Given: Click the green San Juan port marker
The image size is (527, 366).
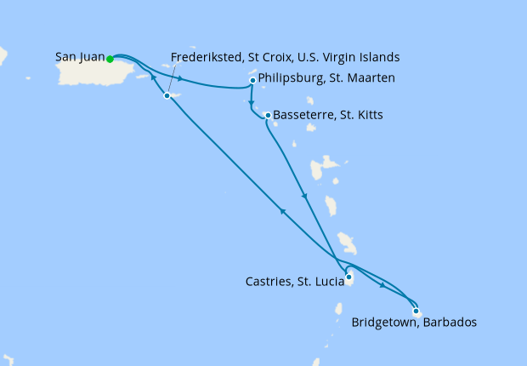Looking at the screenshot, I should click(110, 59).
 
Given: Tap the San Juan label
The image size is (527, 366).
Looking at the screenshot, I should click(80, 58).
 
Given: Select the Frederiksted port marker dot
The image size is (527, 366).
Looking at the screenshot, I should click(167, 95).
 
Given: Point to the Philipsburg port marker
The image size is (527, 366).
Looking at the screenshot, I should click(253, 81).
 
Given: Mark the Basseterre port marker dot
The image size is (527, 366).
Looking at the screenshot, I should click(268, 115).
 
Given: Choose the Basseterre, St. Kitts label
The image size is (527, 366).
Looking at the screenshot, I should click(330, 115).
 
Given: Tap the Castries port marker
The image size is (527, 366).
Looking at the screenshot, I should click(349, 276).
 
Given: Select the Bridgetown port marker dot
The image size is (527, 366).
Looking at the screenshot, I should click(415, 311).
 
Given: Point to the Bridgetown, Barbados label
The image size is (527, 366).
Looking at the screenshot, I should click(413, 323).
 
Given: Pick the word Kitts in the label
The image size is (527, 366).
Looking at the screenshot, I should click(368, 115).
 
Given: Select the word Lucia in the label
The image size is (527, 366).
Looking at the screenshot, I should click(335, 280).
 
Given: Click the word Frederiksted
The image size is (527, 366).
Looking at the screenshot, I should click(205, 58).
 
